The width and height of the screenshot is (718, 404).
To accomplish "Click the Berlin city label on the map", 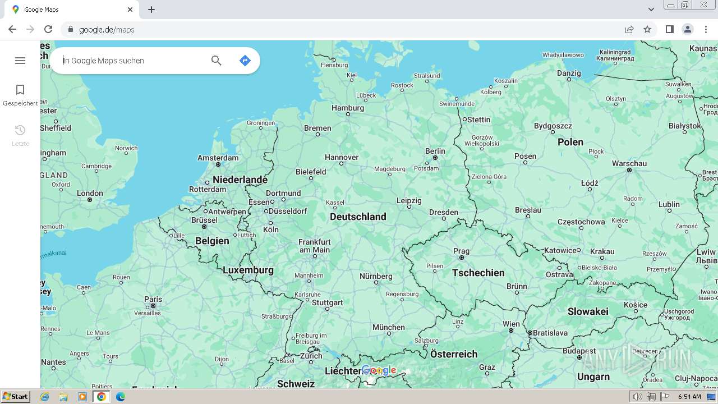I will (435, 151).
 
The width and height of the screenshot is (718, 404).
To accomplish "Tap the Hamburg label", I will (348, 108).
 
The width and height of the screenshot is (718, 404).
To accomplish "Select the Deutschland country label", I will (358, 217).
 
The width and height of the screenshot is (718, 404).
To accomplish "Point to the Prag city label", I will (461, 251).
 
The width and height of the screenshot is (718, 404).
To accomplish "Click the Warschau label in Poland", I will (629, 163).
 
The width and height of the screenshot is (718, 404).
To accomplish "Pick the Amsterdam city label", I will (218, 158).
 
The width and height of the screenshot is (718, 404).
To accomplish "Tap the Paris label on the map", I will (153, 299).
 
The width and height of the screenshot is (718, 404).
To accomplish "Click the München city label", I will (388, 327).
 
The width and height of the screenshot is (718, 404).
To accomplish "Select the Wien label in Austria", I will (511, 324).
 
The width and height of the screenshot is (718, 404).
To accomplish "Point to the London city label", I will (90, 193).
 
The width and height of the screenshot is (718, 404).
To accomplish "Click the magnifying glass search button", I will (217, 61).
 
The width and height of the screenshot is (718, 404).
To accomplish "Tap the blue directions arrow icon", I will (245, 61).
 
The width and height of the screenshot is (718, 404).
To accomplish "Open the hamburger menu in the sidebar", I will (20, 61).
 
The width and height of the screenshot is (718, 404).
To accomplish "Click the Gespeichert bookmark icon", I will (20, 90).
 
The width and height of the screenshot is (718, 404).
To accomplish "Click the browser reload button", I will (48, 29).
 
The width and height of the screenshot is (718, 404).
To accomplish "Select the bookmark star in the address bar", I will (647, 29).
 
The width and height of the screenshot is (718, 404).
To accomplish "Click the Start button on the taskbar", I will (15, 397).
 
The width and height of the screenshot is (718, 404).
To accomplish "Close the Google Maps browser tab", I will (130, 10).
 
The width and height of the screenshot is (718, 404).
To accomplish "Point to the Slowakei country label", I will (587, 311).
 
